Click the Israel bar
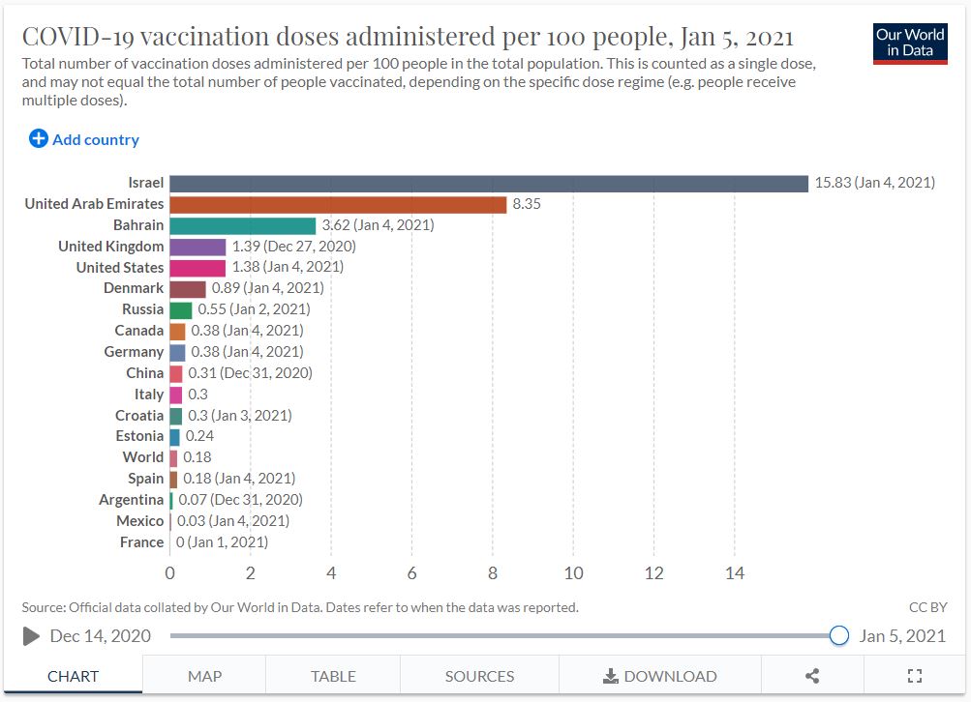point(488,183)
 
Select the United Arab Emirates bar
point(338,204)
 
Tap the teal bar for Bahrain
point(242,225)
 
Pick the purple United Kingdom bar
point(197,247)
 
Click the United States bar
point(197,268)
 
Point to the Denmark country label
point(134,288)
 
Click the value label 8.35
point(527,204)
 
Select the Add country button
point(84,139)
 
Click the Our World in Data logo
point(909,43)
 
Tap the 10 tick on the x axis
point(573,573)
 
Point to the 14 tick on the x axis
point(735,573)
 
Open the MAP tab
point(204,676)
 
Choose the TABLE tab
point(333,676)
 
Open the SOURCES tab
point(479,676)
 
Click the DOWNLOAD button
point(660,676)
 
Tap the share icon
point(812,676)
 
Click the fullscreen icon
point(914,676)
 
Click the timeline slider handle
point(839,635)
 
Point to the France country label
point(141,542)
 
